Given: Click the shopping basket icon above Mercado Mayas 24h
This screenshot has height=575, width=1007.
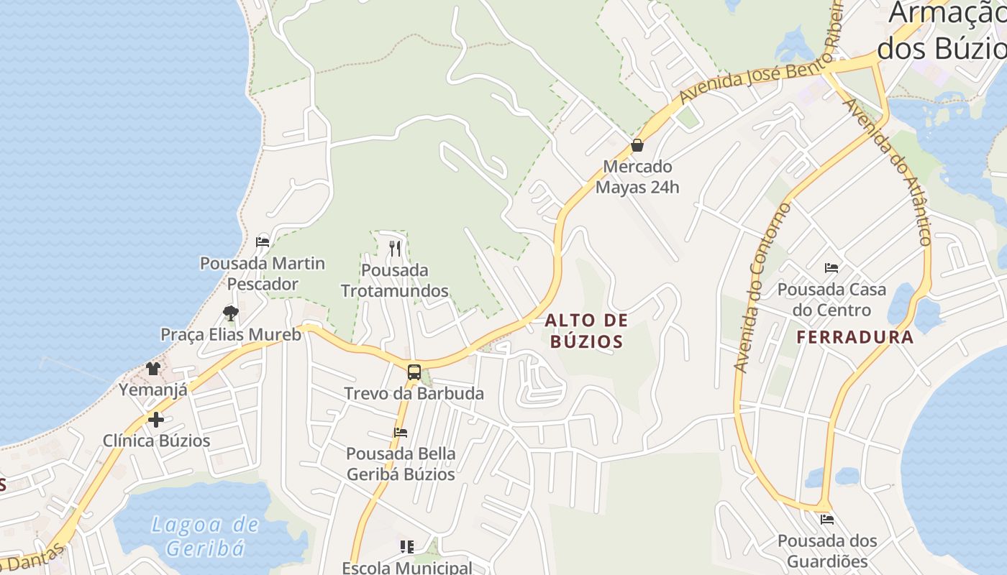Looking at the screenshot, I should pos(637,145).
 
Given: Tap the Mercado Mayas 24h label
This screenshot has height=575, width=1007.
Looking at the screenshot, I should pos(637,177).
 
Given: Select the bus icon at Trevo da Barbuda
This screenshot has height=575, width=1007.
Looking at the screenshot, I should pos(414,372).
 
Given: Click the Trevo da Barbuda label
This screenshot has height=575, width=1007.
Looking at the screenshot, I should pos(414,394).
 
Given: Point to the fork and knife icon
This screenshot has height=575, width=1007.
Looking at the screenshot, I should pos(394,249).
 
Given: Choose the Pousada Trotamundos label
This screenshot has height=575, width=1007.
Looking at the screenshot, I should pos(394,280).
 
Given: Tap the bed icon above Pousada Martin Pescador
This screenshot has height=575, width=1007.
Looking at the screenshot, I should pos(263,241).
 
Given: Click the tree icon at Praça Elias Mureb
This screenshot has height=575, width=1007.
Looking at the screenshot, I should pos(230,313).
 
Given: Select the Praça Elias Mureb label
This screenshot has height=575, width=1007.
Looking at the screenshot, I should pos(230,334).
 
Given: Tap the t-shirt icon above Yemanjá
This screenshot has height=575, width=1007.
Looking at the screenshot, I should pos(153,369).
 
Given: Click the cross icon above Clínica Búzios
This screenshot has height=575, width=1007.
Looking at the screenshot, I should pos(156,419).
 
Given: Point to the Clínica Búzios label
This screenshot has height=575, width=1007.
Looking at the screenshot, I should pos(156,441).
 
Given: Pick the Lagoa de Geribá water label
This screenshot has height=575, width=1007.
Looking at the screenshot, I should pos(205,536).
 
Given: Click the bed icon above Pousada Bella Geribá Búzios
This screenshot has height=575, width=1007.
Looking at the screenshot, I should pos(401,432).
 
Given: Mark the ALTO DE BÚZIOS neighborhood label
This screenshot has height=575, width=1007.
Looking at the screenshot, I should pos(586,331).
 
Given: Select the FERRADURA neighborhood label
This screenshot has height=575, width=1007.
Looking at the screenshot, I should pos(855,337).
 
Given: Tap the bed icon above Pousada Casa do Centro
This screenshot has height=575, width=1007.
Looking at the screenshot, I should pos(831,268).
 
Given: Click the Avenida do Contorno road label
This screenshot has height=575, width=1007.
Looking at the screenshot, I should pos(761,287).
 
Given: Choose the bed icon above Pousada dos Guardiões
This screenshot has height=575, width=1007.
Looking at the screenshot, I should pos(827,519).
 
